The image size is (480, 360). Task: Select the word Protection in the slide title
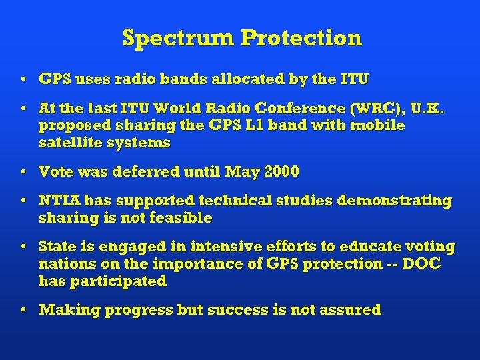[301, 38]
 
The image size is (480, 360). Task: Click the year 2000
[282, 172]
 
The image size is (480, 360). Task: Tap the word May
[243, 172]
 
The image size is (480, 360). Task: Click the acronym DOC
[421, 264]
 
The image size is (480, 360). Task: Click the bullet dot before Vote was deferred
[24, 173]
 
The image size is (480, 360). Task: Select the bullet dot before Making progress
[24, 311]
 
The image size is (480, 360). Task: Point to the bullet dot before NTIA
[24, 201]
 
